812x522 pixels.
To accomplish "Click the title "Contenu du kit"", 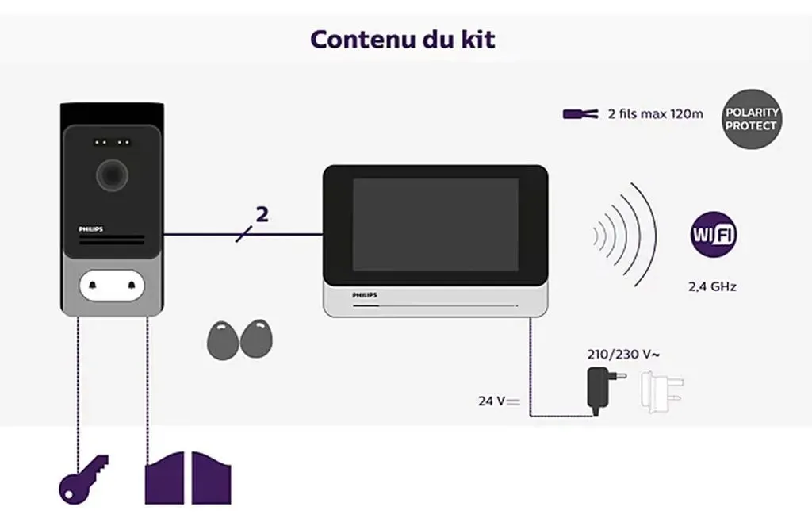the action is (402, 40).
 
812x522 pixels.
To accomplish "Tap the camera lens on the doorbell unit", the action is (112, 175).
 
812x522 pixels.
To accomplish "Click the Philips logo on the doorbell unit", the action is (90, 229).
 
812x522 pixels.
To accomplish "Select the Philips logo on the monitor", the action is (365, 295).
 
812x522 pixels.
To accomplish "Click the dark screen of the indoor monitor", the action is (435, 225).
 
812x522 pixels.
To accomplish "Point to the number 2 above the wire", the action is (262, 214).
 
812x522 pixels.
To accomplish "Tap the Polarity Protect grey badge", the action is (752, 119).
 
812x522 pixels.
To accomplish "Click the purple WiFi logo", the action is (714, 234).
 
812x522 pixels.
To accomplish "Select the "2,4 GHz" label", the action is (712, 286).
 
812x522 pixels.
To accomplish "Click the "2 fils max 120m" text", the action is (656, 114).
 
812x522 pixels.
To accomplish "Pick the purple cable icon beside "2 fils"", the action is (580, 114).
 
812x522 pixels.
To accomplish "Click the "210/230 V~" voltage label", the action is (623, 355).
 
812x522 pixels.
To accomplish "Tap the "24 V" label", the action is (500, 401).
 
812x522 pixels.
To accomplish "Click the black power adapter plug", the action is (603, 390).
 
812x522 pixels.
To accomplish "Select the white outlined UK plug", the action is (661, 391).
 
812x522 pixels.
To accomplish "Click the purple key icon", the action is (83, 479).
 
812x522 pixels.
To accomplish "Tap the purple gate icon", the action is (188, 478).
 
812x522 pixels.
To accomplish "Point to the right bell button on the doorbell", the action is (131, 286).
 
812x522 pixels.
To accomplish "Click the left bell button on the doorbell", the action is (94, 286).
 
